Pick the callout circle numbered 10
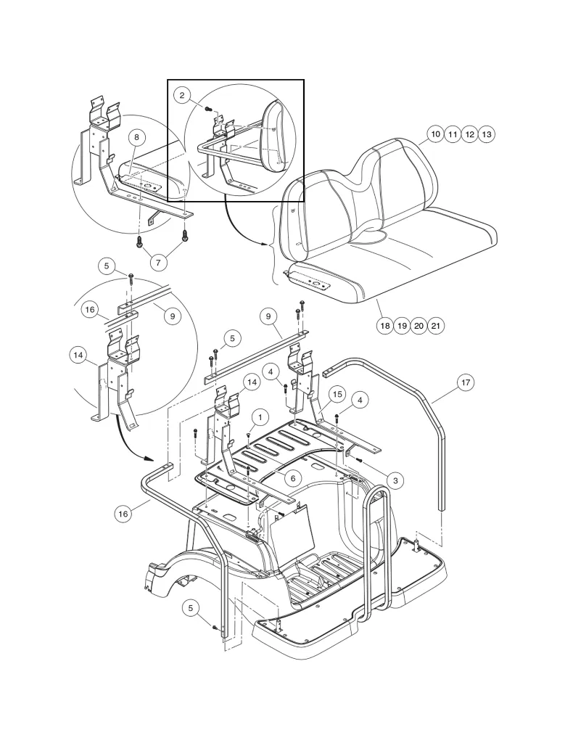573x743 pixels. pyautogui.click(x=434, y=134)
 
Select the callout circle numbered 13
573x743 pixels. pyautogui.click(x=487, y=134)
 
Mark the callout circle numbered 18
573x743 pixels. pyautogui.click(x=384, y=326)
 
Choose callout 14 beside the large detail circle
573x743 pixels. pyautogui.click(x=78, y=355)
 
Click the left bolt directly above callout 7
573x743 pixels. pyautogui.click(x=139, y=240)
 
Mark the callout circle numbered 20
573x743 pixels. pyautogui.click(x=419, y=326)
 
